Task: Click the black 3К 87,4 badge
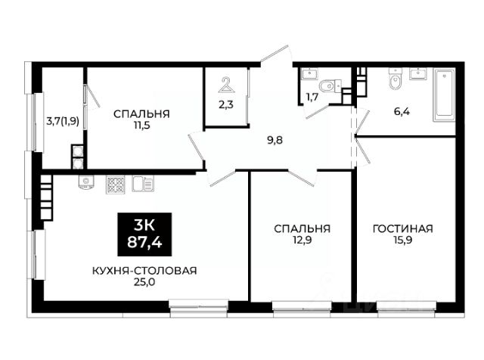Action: click(x=144, y=234)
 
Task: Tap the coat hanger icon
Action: click(x=226, y=85)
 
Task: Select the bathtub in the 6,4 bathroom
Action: click(x=444, y=95)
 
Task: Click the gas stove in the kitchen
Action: click(x=116, y=185)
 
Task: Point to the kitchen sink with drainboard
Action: click(x=143, y=184)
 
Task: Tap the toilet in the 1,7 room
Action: click(x=330, y=85)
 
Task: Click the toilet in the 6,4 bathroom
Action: click(x=396, y=79)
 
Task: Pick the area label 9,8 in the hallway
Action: click(x=275, y=141)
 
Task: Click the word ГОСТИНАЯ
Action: click(x=403, y=229)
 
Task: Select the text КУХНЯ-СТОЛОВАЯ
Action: click(x=144, y=271)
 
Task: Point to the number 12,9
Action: click(x=302, y=240)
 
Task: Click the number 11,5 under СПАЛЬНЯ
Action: click(x=141, y=126)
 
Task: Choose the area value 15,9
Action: click(x=403, y=240)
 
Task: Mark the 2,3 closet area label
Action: click(x=226, y=105)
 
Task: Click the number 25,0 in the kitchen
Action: click(x=144, y=282)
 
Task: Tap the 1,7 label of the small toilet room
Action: click(x=312, y=98)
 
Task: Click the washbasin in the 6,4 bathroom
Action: click(x=418, y=74)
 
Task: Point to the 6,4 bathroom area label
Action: click(x=402, y=111)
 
